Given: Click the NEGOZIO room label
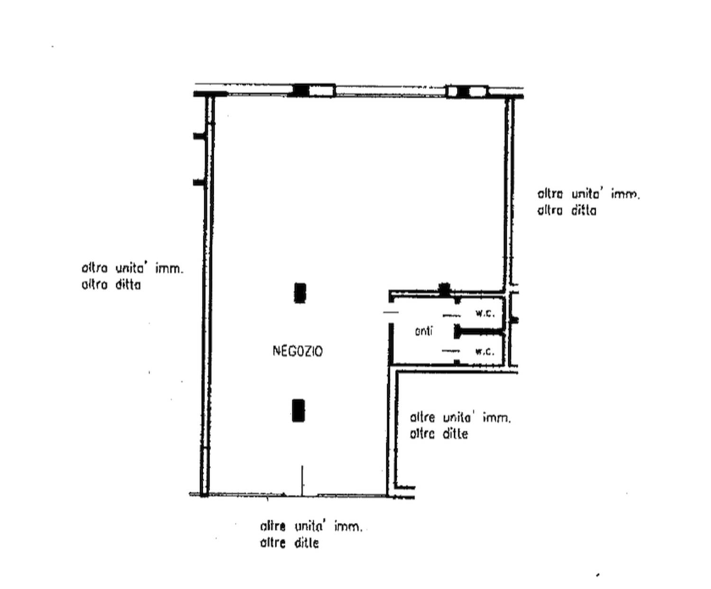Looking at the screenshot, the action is coord(297,351).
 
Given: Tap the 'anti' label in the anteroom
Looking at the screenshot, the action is coord(424,331).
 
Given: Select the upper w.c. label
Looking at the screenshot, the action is coord(485,313).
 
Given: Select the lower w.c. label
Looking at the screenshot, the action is coord(485,351).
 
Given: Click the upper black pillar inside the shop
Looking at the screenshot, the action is coord(300,293).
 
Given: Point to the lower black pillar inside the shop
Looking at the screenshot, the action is coord(298,410).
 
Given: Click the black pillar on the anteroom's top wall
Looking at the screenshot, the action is coord(444,290).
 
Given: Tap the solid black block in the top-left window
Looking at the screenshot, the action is coord(301,91).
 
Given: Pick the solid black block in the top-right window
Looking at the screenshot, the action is coord(462,91).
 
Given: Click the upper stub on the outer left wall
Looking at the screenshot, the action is coord(199,136).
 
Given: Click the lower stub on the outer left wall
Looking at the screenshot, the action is coord(199,182).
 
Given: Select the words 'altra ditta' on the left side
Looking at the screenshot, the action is coord(111,285).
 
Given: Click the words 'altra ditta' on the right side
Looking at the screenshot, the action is coord(566,211).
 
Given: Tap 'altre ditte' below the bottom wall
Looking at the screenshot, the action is coord(290,543).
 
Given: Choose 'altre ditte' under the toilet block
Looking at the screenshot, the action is coord(439,434).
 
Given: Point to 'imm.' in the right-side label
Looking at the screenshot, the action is coord(626,194).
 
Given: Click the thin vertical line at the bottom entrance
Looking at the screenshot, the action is coord(302,480).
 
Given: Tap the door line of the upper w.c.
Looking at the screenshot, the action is coord(451,315).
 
